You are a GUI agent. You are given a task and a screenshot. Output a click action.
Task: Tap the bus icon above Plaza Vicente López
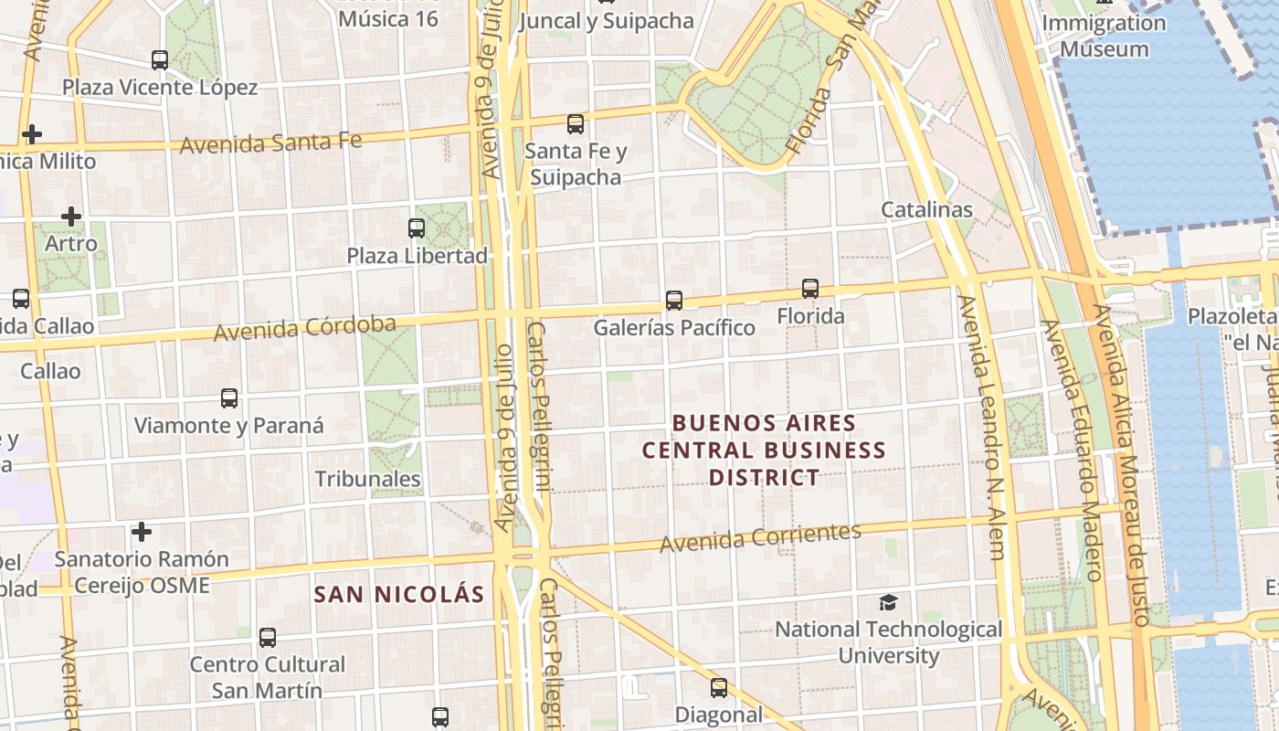160,60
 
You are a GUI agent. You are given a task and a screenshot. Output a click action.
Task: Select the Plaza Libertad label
418,256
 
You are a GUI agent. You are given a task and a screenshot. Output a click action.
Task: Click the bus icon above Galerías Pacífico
674,300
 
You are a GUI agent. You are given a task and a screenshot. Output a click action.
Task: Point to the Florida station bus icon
810,289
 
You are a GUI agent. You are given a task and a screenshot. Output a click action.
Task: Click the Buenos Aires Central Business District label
764,450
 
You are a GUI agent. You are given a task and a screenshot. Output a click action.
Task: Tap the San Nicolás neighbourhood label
399,594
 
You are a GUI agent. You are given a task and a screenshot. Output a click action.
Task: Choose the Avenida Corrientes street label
760,537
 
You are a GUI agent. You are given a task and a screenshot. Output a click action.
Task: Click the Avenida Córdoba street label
305,328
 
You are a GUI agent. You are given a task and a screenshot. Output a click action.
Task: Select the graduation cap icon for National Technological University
888,602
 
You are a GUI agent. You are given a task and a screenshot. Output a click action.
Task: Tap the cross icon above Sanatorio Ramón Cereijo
142,531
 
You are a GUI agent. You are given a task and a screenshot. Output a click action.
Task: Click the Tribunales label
367,479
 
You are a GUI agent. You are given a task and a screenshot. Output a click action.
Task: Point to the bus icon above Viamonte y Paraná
229,398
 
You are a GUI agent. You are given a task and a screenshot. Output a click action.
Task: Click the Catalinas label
926,209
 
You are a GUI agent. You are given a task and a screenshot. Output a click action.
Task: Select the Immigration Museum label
1104,36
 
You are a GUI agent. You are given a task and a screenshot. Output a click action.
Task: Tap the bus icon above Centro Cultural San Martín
268,638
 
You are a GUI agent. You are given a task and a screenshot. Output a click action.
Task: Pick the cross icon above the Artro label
71,217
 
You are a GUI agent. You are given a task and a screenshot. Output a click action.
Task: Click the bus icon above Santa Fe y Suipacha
576,124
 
